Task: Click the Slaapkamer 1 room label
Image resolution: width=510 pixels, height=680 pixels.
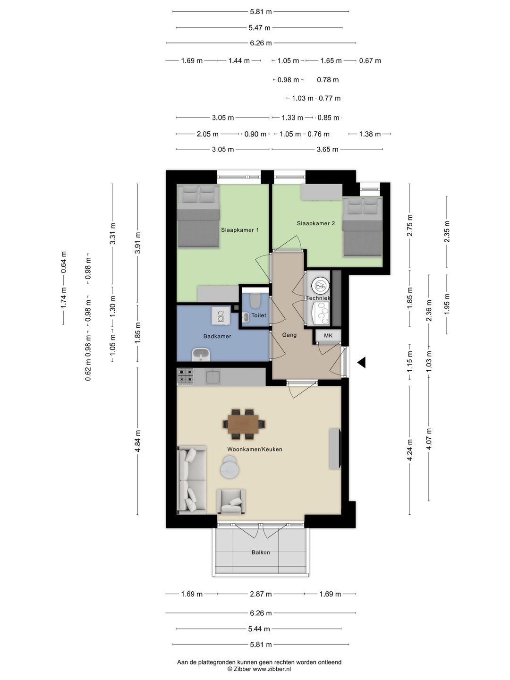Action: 240,230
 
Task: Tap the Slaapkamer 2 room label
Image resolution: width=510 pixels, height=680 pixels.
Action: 315,223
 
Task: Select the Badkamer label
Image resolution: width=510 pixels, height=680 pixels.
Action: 217,337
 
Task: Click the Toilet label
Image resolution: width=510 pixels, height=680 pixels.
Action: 258,315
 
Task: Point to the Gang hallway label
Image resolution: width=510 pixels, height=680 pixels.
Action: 289,335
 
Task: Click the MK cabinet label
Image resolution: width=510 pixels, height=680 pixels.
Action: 328,336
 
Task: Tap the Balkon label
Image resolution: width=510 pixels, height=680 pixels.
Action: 261,552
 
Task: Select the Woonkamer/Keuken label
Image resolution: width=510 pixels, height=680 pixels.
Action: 255,450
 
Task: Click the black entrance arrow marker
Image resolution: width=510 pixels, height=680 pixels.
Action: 361,363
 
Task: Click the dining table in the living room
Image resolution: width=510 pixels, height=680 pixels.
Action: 243,424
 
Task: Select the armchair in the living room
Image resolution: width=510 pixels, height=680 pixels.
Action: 230,502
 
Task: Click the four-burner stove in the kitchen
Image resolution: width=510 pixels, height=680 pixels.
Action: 185,377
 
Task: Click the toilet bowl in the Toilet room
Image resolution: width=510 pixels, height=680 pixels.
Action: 255,300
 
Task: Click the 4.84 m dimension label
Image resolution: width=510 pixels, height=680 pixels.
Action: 138,441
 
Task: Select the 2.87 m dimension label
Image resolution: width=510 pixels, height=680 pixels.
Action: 261,594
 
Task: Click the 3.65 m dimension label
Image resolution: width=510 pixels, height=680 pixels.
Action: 327,149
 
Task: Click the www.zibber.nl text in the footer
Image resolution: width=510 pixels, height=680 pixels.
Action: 272,669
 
